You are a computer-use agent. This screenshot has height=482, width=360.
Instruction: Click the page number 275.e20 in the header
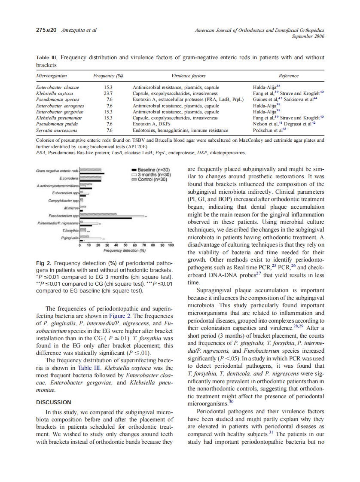[x=46, y=30]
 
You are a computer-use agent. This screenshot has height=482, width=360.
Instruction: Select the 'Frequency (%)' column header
[x=108, y=76]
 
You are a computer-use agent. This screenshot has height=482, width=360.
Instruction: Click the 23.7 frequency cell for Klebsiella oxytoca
[x=108, y=93]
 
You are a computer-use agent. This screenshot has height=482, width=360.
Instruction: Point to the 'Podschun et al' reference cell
[x=269, y=130]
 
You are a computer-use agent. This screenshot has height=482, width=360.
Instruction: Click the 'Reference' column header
[x=288, y=76]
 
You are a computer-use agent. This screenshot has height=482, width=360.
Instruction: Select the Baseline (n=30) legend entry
[x=153, y=170]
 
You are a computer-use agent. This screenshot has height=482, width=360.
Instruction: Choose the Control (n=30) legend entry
[x=153, y=179]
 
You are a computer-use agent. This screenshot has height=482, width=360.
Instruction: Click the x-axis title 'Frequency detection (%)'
[x=125, y=250]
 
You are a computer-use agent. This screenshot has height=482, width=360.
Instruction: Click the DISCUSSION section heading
[x=54, y=402]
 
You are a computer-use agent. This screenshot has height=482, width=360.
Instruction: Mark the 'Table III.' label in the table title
[x=47, y=58]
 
